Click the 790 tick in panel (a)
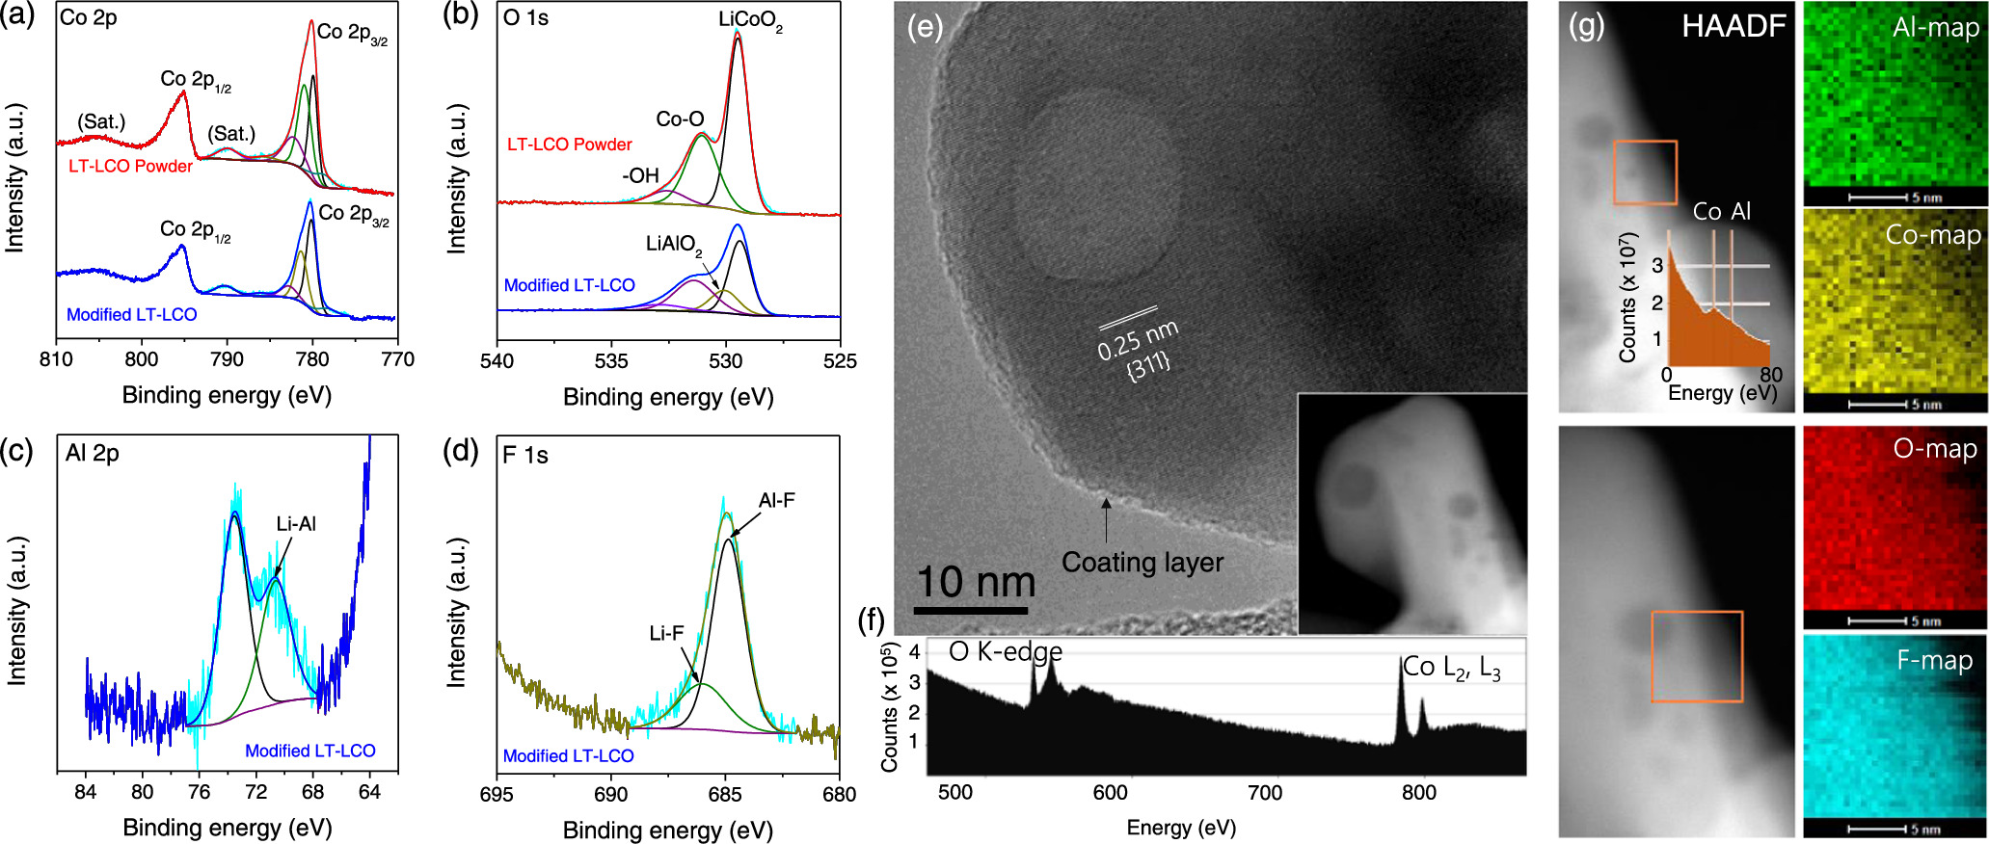click(x=227, y=359)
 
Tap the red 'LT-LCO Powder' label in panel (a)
click(x=130, y=166)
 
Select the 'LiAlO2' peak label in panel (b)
click(x=674, y=244)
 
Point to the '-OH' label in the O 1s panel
click(x=640, y=175)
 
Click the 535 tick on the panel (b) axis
click(x=611, y=360)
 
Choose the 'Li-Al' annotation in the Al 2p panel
click(x=296, y=523)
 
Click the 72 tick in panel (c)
click(x=255, y=792)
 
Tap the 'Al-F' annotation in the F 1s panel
click(x=776, y=500)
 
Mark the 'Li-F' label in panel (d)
click(x=666, y=633)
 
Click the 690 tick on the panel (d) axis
click(x=610, y=794)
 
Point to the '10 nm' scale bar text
click(x=975, y=581)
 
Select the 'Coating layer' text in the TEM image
click(x=1142, y=562)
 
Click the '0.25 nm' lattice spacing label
click(x=1138, y=340)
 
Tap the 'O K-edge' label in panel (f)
click(x=1005, y=652)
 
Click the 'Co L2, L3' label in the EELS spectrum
click(x=1451, y=667)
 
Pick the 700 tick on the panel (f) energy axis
click(x=1264, y=793)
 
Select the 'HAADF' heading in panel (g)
click(x=1734, y=26)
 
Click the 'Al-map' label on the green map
click(x=1935, y=27)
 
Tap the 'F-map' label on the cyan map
click(x=1934, y=660)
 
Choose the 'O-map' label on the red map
click(x=1934, y=449)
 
